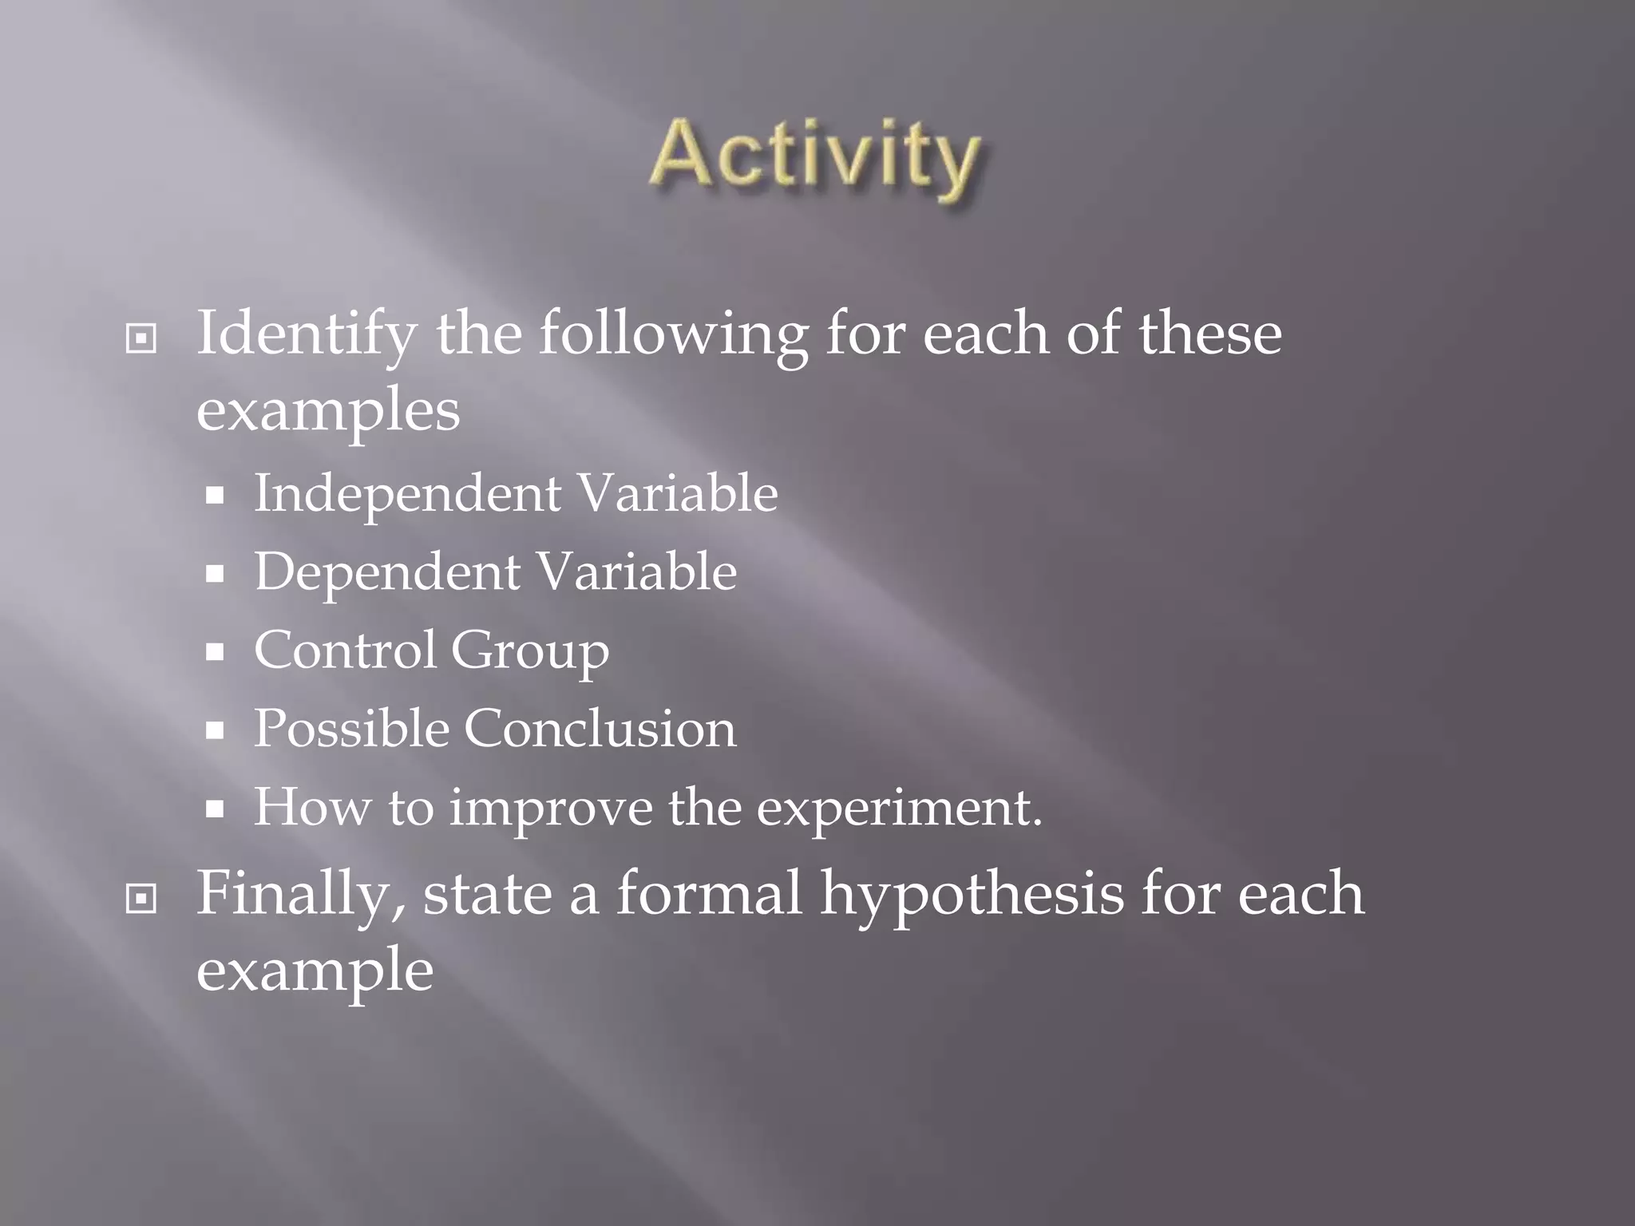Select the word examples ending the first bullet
(x=328, y=411)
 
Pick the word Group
(x=530, y=651)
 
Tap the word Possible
(x=351, y=728)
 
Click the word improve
(x=551, y=808)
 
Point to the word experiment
(x=898, y=808)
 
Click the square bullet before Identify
(x=141, y=339)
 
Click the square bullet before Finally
(x=141, y=900)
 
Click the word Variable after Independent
(x=677, y=492)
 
